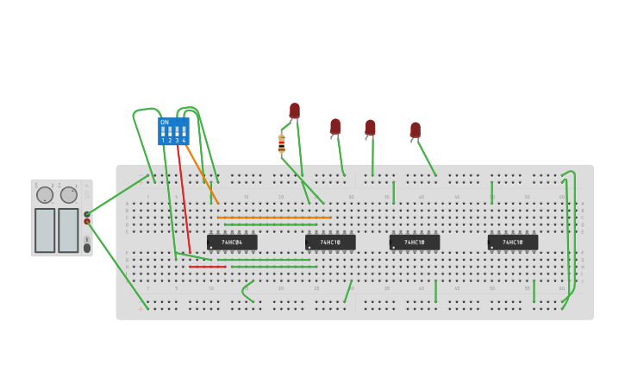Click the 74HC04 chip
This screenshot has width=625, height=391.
click(x=231, y=243)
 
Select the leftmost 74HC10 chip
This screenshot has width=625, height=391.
click(x=329, y=243)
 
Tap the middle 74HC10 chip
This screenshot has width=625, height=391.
click(x=414, y=243)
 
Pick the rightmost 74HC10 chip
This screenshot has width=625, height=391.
click(x=512, y=243)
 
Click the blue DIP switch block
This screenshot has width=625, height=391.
click(x=173, y=131)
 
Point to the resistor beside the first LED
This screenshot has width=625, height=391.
click(x=281, y=144)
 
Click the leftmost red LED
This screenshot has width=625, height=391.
click(x=294, y=110)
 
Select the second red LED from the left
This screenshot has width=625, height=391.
click(x=335, y=127)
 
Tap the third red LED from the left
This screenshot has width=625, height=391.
click(x=370, y=128)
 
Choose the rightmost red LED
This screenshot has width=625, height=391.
click(x=415, y=130)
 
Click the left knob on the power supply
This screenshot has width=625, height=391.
click(x=45, y=195)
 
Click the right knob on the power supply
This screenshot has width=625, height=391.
click(x=68, y=195)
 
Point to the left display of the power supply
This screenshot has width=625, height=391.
click(x=45, y=230)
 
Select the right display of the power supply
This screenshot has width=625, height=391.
click(x=68, y=230)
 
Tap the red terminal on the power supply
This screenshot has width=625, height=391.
click(x=87, y=222)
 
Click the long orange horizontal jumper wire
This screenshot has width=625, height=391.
click(x=274, y=218)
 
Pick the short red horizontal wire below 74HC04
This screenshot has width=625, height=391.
click(x=207, y=267)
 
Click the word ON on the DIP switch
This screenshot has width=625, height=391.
click(x=165, y=123)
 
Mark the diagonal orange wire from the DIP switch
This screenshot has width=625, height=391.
click(x=198, y=167)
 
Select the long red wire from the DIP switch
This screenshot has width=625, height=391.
click(x=184, y=199)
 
